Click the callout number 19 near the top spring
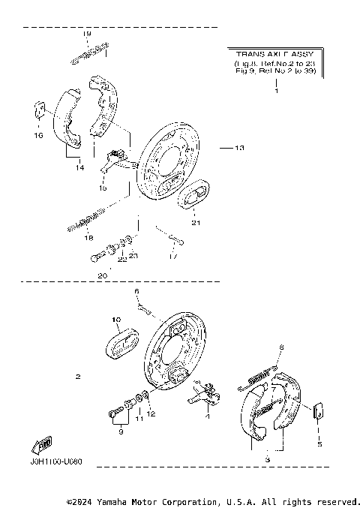point(86,35)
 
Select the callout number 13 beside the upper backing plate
point(239,149)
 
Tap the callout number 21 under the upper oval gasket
point(196,223)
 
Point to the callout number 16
point(38,136)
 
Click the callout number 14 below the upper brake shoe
point(78,169)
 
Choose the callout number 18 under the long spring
point(88,238)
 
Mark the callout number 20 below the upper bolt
point(103,275)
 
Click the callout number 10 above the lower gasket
point(116,320)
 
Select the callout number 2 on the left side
point(77,376)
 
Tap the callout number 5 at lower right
point(318,443)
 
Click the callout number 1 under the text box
point(276,92)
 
